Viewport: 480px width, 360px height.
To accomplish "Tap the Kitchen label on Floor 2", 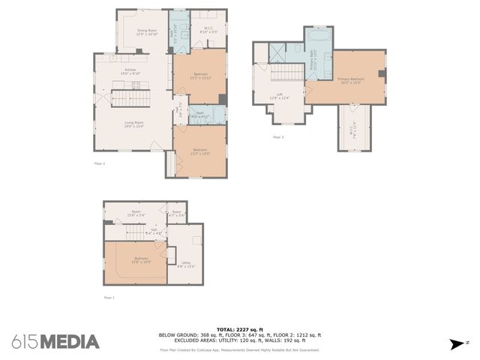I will pos(130,70).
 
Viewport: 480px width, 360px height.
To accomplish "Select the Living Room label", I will pos(134,124).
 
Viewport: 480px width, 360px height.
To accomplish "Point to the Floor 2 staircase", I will pos(121,98).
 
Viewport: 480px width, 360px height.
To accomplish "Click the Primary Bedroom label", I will pos(351,80).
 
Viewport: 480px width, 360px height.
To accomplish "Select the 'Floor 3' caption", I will pos(278,137).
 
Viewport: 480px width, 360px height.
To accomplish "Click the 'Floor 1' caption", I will pos(109,298).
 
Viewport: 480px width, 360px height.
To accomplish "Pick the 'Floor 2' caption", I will pos(99,163).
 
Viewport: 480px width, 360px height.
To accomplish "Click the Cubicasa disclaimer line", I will pos(239,349).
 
